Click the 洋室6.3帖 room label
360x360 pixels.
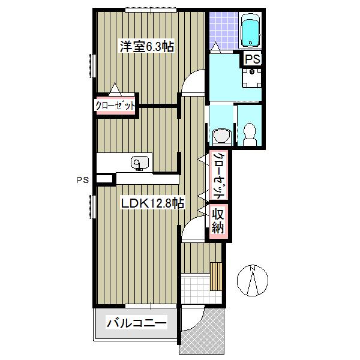[147, 46]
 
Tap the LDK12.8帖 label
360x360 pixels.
[152, 203]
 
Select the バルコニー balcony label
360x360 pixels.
[136, 323]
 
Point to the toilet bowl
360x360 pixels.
[250, 134]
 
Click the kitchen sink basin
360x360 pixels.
[139, 163]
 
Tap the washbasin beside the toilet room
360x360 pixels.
[221, 136]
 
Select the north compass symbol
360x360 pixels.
[253, 280]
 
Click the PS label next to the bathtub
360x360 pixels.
[253, 59]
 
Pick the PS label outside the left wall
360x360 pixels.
[83, 180]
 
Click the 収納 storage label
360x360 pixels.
[218, 221]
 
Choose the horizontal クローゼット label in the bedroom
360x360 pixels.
[115, 106]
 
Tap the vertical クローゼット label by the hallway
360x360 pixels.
[218, 175]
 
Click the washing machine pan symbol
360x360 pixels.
[252, 78]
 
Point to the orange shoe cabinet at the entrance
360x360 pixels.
[216, 277]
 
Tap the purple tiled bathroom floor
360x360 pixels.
[224, 30]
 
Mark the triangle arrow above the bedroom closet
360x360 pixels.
[115, 89]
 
